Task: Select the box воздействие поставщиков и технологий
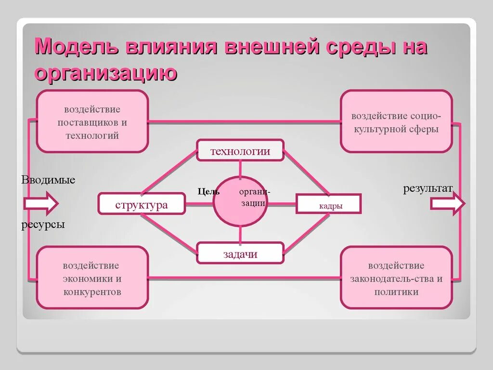point(92,122)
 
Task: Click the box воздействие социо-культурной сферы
point(396,122)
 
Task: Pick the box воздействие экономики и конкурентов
point(92,278)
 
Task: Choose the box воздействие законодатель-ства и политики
point(396,278)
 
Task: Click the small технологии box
point(240,151)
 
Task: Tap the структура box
point(142,204)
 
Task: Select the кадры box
point(329,204)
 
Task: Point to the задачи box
point(240,254)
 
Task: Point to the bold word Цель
point(209,191)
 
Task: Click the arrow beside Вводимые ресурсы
point(41,203)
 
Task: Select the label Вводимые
point(48,180)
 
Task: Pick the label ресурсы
point(43,225)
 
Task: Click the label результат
point(428,188)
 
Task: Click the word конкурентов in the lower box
point(92,291)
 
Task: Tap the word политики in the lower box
point(396,291)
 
